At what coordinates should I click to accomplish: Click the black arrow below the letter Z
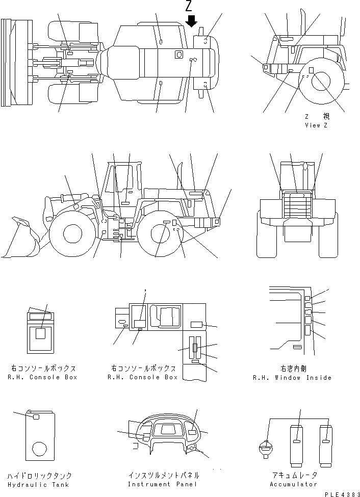pos(191,21)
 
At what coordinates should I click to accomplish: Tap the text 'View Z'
pos(316,125)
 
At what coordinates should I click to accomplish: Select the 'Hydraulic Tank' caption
pos(38,484)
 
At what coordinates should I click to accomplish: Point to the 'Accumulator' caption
pos(293,484)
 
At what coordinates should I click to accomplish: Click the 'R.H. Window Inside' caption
pos(292,378)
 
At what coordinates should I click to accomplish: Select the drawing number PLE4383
pos(342,494)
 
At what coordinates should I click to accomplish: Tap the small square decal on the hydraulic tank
pos(36,417)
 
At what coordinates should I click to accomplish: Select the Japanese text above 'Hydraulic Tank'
pos(38,476)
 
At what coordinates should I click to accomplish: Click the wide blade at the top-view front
pos(6,62)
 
